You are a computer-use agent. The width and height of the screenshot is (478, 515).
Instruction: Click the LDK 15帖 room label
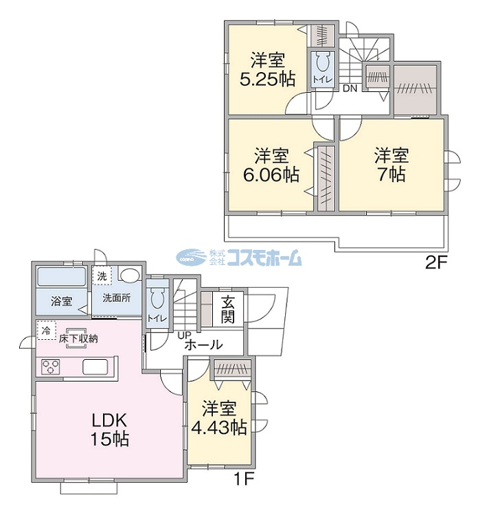tap(110, 430)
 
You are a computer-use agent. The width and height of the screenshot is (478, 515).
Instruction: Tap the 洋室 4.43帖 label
tap(219, 417)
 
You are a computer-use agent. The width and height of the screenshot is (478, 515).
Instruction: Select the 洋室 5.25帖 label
tap(268, 69)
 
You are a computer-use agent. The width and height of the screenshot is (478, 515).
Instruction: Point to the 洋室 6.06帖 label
tap(271, 165)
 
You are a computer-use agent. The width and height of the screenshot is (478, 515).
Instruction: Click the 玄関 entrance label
tap(228, 309)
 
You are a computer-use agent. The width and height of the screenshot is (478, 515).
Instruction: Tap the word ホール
tap(204, 345)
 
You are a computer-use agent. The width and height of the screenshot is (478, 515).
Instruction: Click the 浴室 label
tap(61, 301)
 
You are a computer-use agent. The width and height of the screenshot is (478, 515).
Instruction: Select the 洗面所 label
tap(116, 298)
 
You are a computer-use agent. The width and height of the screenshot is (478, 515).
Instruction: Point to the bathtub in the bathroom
tap(62, 277)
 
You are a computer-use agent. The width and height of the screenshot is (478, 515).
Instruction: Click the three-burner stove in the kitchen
tap(51, 367)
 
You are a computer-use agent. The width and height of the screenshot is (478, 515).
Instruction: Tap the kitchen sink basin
tap(95, 367)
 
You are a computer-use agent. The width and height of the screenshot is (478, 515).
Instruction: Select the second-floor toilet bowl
tap(322, 62)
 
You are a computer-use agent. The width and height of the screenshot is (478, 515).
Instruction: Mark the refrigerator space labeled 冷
tap(46, 330)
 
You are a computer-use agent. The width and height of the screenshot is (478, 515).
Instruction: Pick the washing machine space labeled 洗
tap(102, 276)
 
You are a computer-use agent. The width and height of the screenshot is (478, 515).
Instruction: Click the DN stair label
tap(350, 89)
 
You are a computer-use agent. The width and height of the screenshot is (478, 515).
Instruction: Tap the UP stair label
tap(183, 335)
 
